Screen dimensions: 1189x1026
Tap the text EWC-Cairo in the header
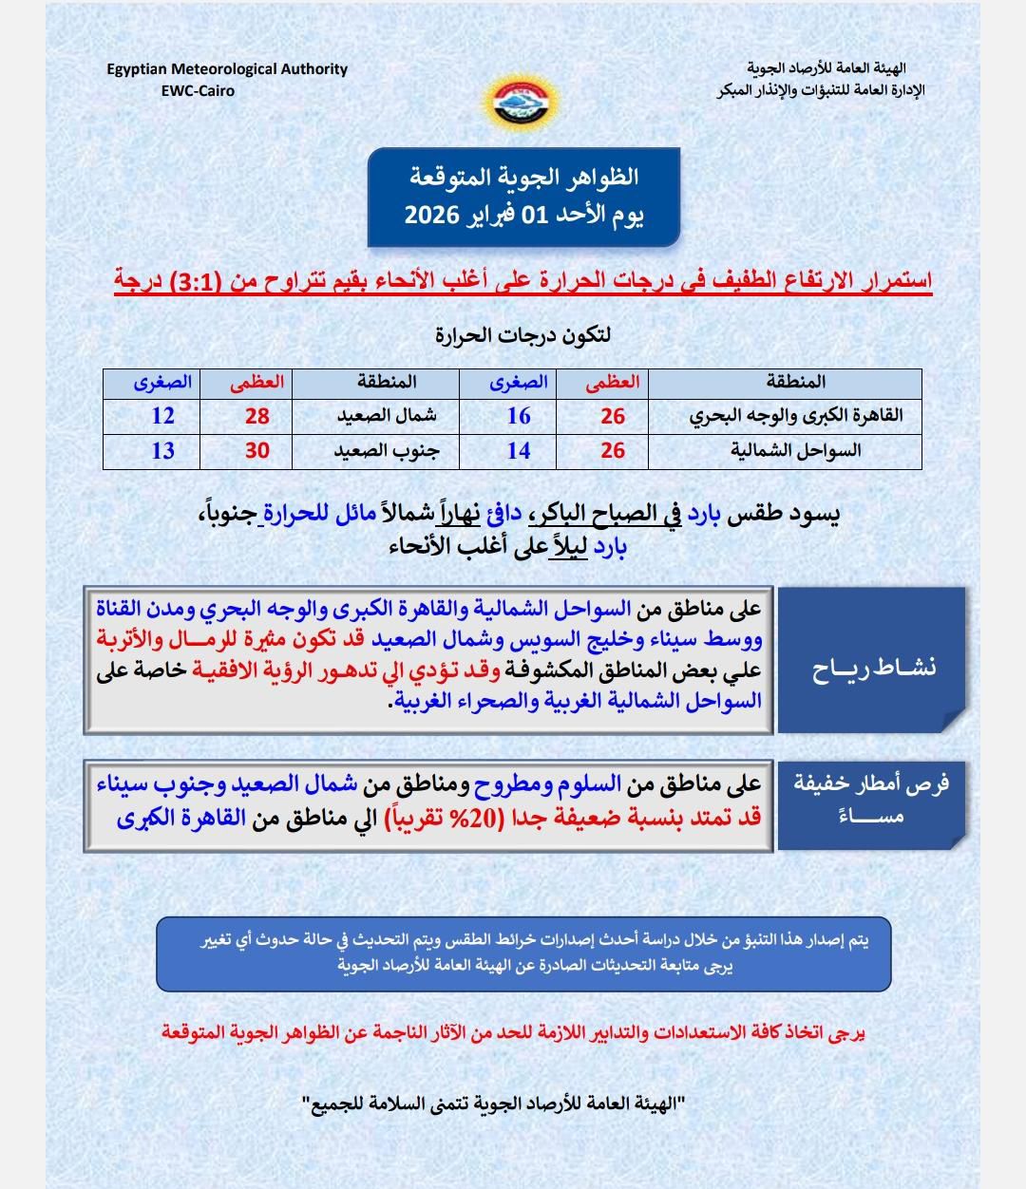pos(198,91)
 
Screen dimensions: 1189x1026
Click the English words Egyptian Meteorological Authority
pos(227,69)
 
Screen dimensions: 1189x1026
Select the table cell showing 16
pos(519,416)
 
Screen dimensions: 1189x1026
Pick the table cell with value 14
pos(519,450)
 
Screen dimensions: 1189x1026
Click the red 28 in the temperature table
pos(257,416)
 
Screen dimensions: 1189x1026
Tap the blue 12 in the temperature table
pos(162,416)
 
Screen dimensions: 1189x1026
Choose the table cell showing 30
pos(257,450)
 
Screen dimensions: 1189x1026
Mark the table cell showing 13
pos(162,450)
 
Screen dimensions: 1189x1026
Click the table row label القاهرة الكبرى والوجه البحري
pos(796,416)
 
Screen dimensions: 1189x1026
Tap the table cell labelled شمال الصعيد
pos(376,416)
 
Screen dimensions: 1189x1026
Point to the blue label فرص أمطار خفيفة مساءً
pos(871,800)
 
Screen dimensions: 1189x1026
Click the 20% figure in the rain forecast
pos(537,818)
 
